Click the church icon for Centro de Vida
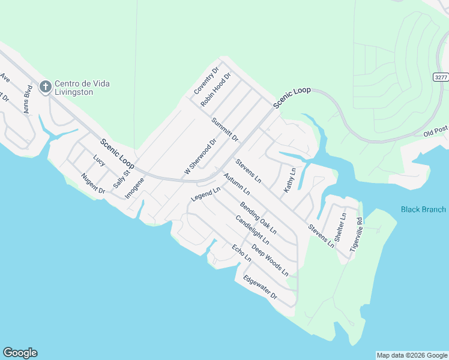pos(45,87)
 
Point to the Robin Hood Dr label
pos(216,91)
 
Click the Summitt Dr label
pos(225,130)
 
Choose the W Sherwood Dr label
pos(200,158)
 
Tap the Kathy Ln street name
pos(290,179)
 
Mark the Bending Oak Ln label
pos(259,217)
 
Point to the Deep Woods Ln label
pos(270,260)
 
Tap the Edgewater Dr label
pos(261,287)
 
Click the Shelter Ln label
pos(340,227)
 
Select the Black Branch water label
pos(423,209)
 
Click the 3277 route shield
pos(441,77)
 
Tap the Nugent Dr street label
pos(93,182)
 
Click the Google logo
pos(20,353)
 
